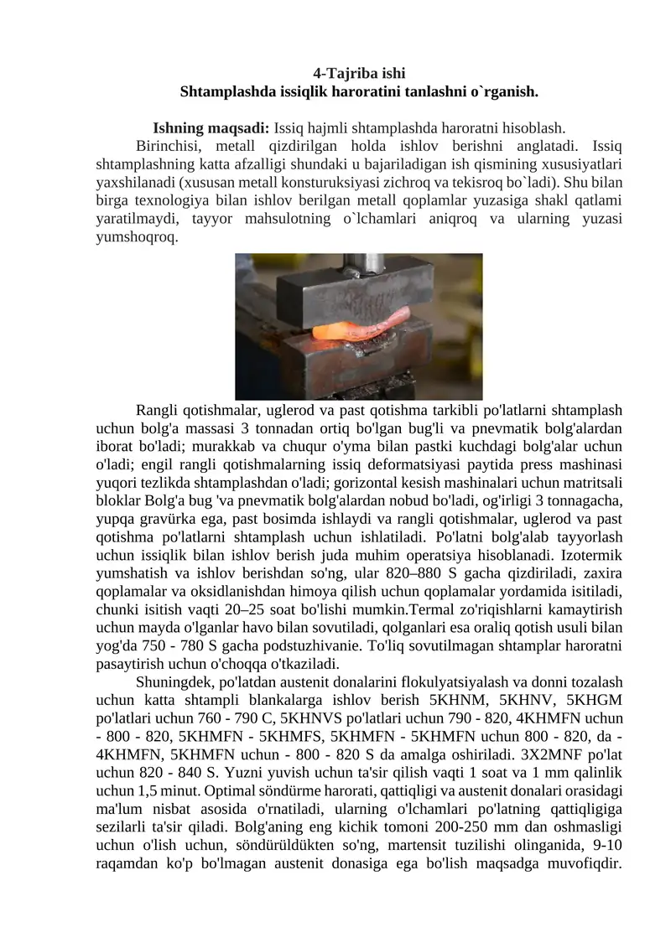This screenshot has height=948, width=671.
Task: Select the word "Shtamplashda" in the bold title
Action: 221,90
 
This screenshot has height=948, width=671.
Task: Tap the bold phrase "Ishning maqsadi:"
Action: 211,129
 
